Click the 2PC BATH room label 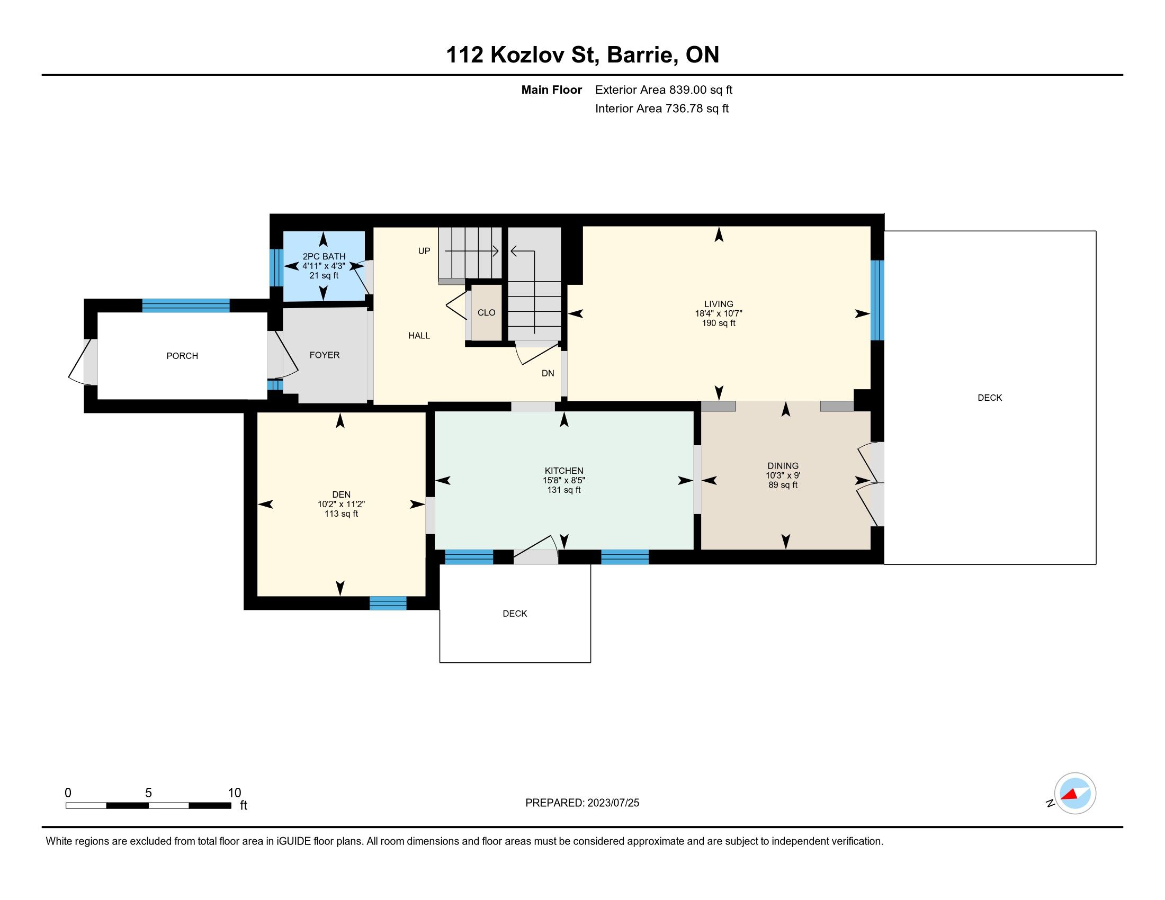(324, 256)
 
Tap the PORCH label (182, 356)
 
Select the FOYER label (324, 355)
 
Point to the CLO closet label (486, 312)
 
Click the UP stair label (424, 251)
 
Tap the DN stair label (548, 373)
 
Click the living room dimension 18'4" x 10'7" (718, 314)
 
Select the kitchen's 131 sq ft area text (564, 490)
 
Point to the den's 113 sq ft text (341, 514)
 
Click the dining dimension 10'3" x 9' (783, 475)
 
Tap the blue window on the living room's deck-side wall (877, 300)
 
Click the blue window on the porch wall (186, 305)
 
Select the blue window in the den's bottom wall (388, 603)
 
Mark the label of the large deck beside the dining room (990, 398)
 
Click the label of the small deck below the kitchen (515, 614)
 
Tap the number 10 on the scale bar (235, 793)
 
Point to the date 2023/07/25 (613, 803)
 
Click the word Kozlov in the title (527, 55)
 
